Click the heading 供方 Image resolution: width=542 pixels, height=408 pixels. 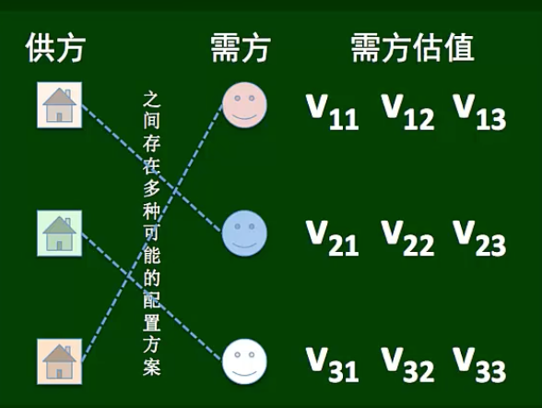click(x=55, y=48)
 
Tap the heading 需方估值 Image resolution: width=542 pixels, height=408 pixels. click(x=412, y=48)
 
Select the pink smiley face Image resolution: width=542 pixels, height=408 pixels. click(x=244, y=105)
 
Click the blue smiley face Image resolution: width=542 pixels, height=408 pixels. click(x=244, y=234)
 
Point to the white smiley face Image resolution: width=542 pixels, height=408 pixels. click(x=244, y=362)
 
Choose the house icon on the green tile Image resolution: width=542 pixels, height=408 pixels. click(x=59, y=234)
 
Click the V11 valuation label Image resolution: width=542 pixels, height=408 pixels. click(x=332, y=112)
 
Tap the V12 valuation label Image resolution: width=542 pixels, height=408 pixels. click(x=407, y=112)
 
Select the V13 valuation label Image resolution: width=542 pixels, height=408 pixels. click(x=479, y=112)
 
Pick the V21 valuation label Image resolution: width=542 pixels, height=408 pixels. click(x=332, y=238)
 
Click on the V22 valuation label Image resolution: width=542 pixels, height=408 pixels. click(x=407, y=238)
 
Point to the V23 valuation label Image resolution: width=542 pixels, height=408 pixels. click(x=479, y=238)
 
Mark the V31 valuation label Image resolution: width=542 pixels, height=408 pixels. click(x=332, y=365)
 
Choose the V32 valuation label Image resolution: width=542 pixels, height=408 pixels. click(x=407, y=365)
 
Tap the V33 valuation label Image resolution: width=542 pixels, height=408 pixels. click(x=479, y=365)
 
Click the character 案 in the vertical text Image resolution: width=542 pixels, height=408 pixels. click(x=152, y=366)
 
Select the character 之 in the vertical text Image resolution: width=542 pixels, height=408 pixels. click(x=152, y=100)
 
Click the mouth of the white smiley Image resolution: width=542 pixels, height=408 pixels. click(x=244, y=373)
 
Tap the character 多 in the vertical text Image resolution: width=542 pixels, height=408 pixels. click(x=152, y=188)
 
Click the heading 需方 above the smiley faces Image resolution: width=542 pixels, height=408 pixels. click(x=241, y=48)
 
